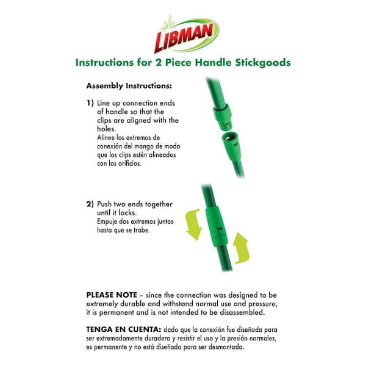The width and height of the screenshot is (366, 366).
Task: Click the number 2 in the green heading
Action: pos(159,62)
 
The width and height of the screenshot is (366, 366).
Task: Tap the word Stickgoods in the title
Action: pos(263,63)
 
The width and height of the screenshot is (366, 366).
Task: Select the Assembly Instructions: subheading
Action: pos(129,86)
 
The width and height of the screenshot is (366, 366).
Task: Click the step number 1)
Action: pos(90,103)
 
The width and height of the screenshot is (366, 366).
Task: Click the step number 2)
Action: pos(90,204)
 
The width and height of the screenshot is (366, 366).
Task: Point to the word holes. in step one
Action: pos(106,129)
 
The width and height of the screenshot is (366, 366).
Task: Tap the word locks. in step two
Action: pos(127,213)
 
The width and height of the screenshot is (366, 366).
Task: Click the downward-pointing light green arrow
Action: pos(194,224)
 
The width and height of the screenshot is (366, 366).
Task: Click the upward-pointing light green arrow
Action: pos(241,248)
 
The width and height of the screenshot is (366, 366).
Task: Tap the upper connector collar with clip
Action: pos(223,117)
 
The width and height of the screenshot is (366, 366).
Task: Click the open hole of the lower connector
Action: pos(229,137)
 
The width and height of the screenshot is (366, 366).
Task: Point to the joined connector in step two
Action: pos(216,226)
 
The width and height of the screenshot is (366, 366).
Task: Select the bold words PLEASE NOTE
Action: pos(112,295)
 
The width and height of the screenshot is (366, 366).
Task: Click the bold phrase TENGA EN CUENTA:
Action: pos(124,329)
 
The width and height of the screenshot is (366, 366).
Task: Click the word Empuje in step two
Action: pos(107,221)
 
